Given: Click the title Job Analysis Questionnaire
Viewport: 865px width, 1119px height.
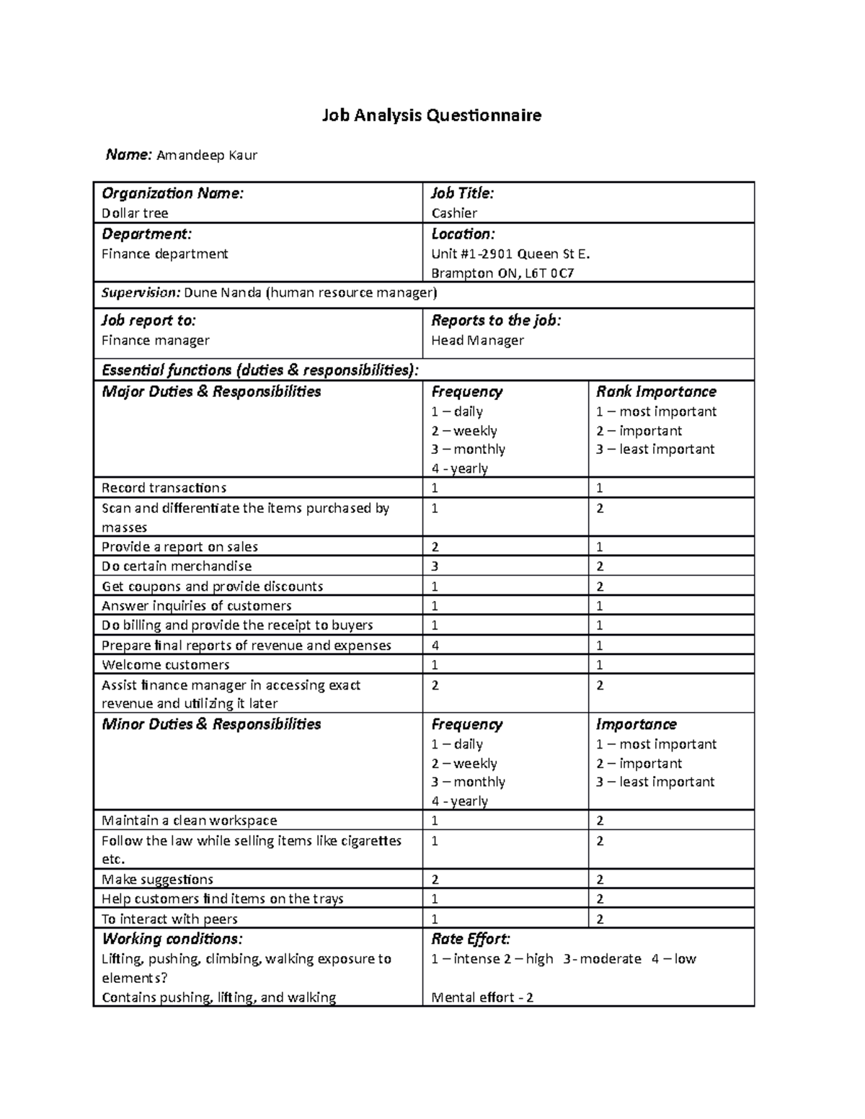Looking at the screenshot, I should coord(431,115).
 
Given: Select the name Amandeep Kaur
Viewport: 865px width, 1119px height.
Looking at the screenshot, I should coord(207,155).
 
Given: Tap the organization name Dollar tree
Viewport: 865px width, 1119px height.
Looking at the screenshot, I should coord(135,213).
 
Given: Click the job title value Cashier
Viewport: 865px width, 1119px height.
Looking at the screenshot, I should coord(454,213).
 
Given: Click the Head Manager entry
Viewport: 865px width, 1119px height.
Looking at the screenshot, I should coord(477,341).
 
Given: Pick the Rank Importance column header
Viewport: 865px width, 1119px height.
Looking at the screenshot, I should coord(656,392).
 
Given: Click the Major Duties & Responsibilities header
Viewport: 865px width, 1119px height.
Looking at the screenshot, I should coord(211,392).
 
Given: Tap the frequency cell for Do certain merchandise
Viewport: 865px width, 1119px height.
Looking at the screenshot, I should coord(435,566).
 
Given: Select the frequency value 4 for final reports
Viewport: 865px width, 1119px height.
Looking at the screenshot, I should coord(435,646).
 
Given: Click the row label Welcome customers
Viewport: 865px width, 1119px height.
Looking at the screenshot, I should coord(166,665).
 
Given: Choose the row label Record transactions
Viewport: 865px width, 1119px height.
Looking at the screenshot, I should coord(164,489).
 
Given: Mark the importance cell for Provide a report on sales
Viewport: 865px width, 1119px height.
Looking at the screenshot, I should coord(600,547).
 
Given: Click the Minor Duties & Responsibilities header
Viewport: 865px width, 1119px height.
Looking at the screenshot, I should coord(211,725).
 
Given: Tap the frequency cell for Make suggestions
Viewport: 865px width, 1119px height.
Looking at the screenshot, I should coord(435,880).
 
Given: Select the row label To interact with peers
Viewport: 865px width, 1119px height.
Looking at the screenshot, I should coord(169,919).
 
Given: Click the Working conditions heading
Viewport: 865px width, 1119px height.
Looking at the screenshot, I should coord(172,939).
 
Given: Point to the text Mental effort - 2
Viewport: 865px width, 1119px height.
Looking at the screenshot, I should coord(482,998).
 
